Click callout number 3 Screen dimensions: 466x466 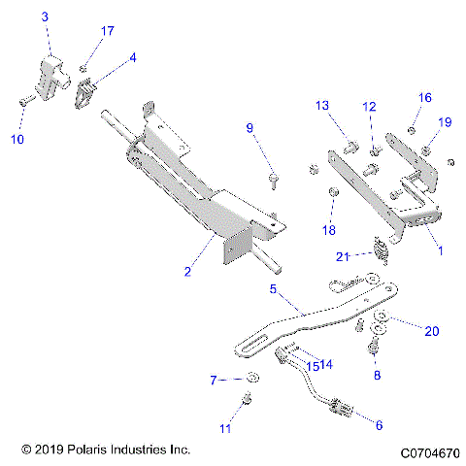[x=45, y=18]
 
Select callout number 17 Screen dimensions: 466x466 [x=107, y=31]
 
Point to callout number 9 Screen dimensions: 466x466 [x=249, y=128]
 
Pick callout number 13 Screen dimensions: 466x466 [x=322, y=105]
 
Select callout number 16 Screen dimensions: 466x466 [x=424, y=98]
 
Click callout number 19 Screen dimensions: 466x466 [x=445, y=121]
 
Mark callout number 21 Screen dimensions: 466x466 [x=342, y=256]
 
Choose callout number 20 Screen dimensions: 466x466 [x=431, y=331]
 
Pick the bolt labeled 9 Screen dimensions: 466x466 [x=274, y=178]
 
